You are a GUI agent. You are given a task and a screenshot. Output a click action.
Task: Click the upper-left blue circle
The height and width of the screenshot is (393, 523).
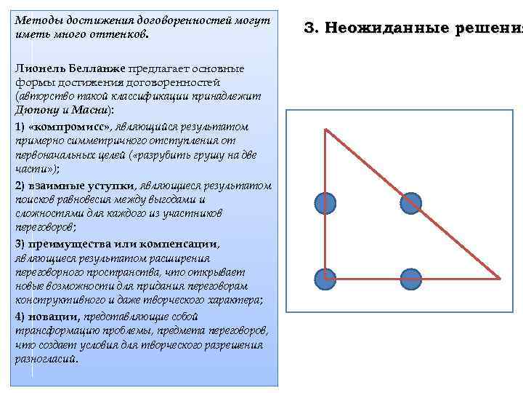coord(325,204)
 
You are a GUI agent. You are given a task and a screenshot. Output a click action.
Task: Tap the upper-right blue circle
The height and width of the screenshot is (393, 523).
coord(411,204)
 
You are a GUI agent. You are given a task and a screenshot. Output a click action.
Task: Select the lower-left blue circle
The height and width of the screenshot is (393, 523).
coord(325,277)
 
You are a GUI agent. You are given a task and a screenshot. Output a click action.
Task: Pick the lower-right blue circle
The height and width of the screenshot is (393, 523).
coord(411,277)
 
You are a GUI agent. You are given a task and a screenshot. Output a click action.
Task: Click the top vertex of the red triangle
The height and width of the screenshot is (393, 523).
coord(325,130)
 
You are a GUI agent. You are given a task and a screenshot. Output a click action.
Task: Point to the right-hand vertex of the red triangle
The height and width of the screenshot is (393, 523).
coord(500,277)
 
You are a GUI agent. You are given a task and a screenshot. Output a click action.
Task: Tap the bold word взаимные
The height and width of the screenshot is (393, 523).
coord(52,186)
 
